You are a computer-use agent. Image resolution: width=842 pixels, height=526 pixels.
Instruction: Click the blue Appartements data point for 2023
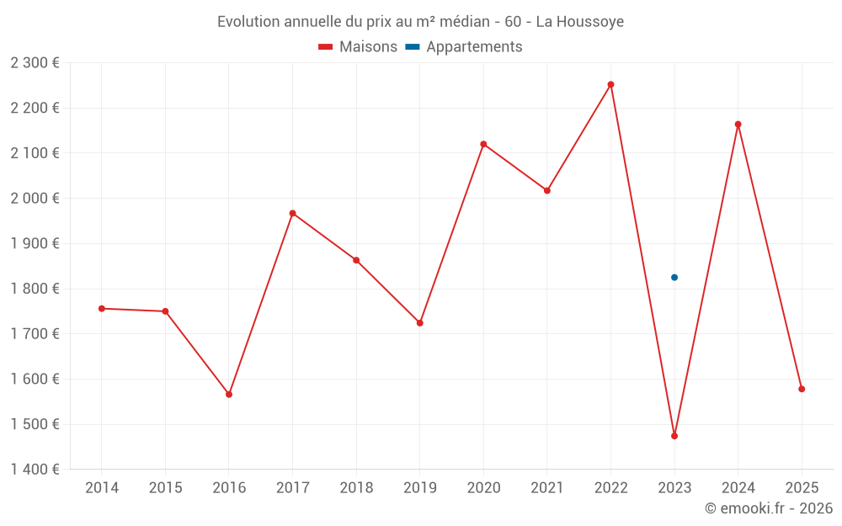[674, 278]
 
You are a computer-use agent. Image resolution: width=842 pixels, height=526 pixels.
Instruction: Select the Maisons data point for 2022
[610, 84]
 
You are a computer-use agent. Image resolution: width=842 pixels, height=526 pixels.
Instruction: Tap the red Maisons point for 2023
[674, 436]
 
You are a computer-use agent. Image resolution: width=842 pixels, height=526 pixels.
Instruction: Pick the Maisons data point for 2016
[229, 394]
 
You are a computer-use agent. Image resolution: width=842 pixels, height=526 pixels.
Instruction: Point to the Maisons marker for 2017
[292, 213]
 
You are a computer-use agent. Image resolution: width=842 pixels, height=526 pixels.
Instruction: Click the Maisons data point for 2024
[738, 125]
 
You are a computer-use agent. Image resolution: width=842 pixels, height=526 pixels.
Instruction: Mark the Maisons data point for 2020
[483, 144]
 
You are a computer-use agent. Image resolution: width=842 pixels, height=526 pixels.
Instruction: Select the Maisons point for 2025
[802, 389]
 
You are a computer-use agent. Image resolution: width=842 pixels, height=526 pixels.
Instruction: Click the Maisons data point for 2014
[102, 309]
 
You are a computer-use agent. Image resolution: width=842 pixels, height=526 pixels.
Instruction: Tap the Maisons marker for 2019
[420, 323]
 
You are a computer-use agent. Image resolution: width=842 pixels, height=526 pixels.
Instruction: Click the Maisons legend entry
[358, 47]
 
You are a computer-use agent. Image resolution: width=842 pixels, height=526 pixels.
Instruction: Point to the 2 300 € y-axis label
[35, 62]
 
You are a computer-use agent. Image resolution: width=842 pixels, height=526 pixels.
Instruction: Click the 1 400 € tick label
[35, 470]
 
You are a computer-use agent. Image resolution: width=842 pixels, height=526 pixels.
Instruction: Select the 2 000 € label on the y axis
[35, 199]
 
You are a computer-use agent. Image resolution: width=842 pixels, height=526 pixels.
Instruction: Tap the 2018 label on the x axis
[356, 488]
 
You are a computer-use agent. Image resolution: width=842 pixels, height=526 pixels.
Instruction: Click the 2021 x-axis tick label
[547, 488]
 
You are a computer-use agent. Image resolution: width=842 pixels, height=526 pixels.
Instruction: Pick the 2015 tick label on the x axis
[165, 488]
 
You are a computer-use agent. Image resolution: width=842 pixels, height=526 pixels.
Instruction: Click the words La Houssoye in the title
[580, 22]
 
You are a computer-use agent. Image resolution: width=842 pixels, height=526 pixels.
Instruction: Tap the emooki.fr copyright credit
[768, 508]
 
